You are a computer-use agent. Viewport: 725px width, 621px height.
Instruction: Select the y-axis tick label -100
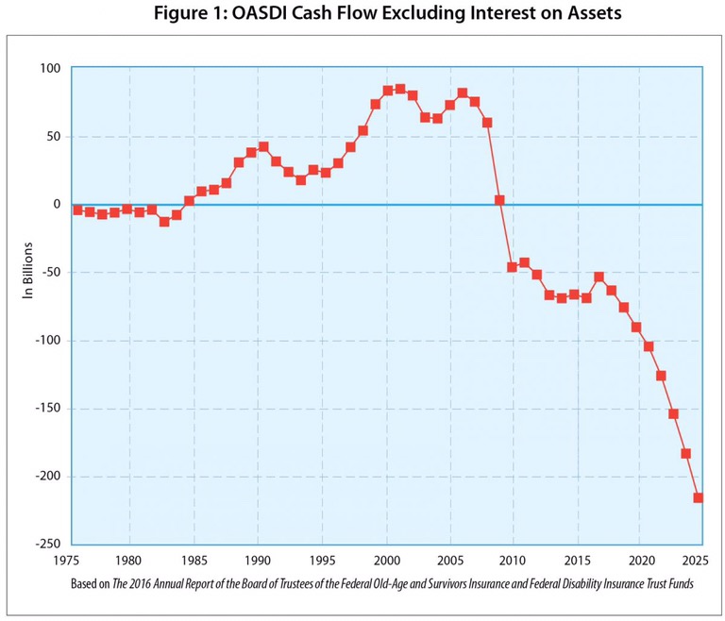44,341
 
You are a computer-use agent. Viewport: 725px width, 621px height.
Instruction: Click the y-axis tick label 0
56,205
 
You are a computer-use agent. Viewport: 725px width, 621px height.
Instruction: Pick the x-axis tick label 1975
66,558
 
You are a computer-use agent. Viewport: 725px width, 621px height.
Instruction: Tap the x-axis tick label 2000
385,558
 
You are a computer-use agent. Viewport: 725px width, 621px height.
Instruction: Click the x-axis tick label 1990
258,558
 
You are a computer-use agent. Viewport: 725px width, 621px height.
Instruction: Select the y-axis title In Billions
28,273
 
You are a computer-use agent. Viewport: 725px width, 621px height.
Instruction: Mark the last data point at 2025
699,497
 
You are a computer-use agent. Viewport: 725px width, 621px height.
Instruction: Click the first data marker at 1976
77,210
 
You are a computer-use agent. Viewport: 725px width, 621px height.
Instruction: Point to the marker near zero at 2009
499,200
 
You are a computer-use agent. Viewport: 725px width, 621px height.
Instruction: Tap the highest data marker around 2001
400,89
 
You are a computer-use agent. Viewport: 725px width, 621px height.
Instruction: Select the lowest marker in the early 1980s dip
164,221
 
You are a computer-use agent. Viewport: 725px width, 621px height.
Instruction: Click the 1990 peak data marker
263,147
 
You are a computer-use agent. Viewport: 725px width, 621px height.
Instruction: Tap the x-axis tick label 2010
513,558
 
